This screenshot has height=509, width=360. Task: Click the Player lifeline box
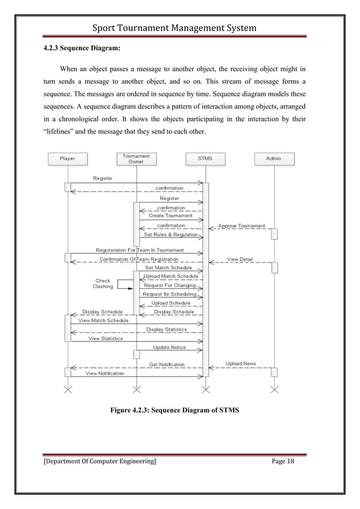[67, 159]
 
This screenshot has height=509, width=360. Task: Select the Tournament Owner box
[136, 159]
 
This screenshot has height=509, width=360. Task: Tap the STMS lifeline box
[205, 159]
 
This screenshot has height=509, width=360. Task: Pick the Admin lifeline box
[274, 159]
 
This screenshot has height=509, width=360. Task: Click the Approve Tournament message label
[242, 226]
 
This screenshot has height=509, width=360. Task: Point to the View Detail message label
[240, 260]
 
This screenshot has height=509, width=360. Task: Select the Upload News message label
[241, 364]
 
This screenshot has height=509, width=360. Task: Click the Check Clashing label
[103, 283]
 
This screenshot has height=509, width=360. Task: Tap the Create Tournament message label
[170, 216]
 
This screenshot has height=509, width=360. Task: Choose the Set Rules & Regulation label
[171, 235]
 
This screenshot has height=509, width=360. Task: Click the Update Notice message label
[169, 348]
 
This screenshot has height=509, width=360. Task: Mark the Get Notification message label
[166, 365]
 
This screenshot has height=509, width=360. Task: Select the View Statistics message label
[105, 339]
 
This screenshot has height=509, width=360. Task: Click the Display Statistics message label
[166, 330]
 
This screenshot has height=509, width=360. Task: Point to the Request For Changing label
[170, 286]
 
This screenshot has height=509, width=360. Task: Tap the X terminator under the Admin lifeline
[274, 389]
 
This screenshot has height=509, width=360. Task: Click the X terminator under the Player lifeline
[68, 389]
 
